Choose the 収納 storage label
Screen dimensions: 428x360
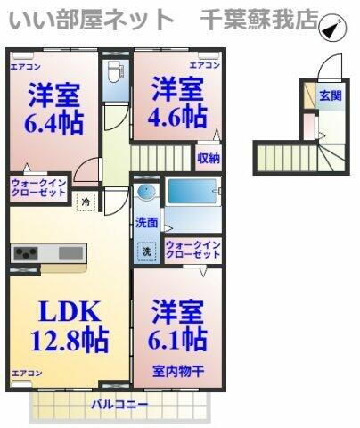(208, 159)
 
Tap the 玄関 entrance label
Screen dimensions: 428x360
(331, 95)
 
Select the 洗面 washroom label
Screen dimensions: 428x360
(147, 223)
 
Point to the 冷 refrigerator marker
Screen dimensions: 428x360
(86, 202)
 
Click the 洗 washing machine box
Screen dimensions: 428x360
(147, 252)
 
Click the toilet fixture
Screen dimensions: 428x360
(111, 70)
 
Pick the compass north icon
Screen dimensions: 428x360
(331, 29)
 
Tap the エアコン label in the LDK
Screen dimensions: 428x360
(27, 372)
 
